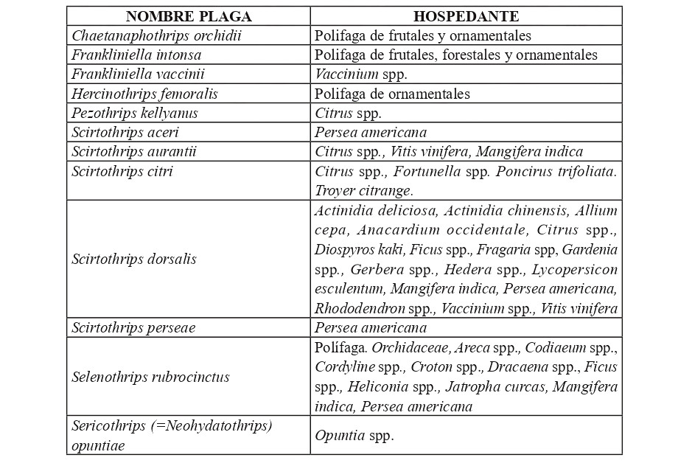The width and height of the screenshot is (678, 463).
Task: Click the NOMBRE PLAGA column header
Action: click(188, 16)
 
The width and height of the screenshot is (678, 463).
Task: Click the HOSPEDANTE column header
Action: click(466, 16)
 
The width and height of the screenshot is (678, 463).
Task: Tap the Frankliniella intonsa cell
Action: click(136, 55)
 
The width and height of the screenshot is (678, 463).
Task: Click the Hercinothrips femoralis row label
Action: click(144, 94)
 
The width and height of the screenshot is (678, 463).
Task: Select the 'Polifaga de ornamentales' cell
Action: click(392, 94)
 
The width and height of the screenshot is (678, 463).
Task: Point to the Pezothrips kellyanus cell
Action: click(135, 113)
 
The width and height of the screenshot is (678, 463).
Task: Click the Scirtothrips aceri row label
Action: click(125, 132)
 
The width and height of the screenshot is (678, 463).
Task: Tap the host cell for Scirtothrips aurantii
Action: click(448, 151)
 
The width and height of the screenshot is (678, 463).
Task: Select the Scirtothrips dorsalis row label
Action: click(134, 260)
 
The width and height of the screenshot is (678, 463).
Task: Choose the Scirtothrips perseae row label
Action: click(133, 327)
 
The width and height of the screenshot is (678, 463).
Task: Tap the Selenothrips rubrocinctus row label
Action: click(151, 377)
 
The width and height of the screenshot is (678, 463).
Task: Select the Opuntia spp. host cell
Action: click(354, 435)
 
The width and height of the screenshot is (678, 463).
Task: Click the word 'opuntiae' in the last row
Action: click(98, 445)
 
